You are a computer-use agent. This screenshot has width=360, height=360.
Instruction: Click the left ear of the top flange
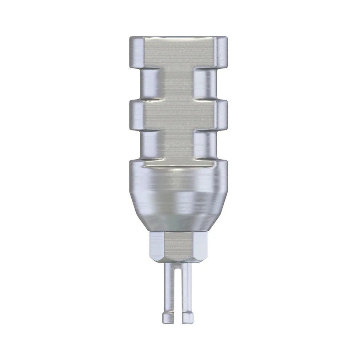click(x=137, y=51)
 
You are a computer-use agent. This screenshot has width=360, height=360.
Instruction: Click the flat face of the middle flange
click(x=178, y=116)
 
